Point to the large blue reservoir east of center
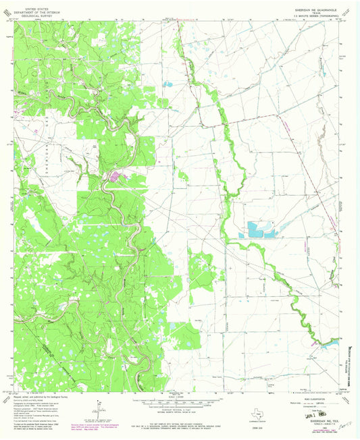263,229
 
